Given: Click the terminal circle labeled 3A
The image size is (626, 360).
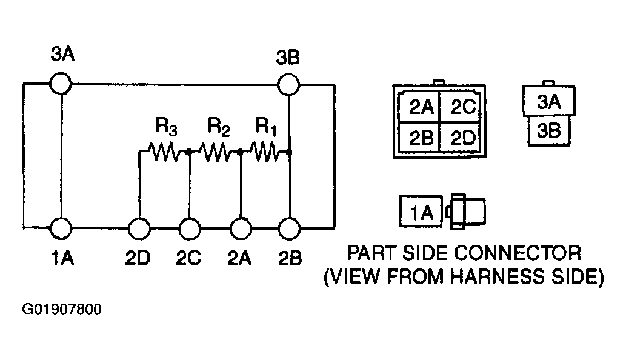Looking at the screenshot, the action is pyautogui.click(x=61, y=84).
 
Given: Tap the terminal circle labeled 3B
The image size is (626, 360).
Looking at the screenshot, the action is pyautogui.click(x=288, y=85).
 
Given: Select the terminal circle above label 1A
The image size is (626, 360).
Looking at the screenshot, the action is pyautogui.click(x=61, y=228).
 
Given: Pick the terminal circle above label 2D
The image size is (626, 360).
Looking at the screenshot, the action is pyautogui.click(x=139, y=228).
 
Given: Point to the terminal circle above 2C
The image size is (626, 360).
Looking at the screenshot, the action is pyautogui.click(x=189, y=228).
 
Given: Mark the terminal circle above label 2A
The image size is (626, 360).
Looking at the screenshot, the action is pyautogui.click(x=241, y=228).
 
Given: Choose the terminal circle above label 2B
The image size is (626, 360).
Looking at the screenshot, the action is pyautogui.click(x=289, y=228).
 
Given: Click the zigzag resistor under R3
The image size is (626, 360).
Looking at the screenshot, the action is pyautogui.click(x=164, y=152).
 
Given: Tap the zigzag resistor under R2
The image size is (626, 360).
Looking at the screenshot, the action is pyautogui.click(x=215, y=152).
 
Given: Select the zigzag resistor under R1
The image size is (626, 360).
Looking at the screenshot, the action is pyautogui.click(x=264, y=152).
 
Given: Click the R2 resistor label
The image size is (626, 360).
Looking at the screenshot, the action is pyautogui.click(x=219, y=127).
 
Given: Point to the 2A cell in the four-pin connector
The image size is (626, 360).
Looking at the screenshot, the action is pyautogui.click(x=419, y=107).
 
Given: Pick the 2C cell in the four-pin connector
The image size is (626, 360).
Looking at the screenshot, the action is pyautogui.click(x=460, y=107).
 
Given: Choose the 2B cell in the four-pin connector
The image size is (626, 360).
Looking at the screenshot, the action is pyautogui.click(x=419, y=138).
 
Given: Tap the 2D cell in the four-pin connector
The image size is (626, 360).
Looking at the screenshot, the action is pyautogui.click(x=460, y=138).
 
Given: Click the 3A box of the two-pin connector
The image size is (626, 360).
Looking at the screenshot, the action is pyautogui.click(x=549, y=101).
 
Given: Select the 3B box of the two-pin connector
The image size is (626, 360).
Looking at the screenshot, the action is pyautogui.click(x=549, y=131).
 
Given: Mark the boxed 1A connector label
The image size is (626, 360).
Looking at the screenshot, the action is pyautogui.click(x=421, y=212).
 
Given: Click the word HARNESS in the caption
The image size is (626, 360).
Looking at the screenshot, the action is pyautogui.click(x=498, y=276).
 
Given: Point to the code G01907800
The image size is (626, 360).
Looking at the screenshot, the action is pyautogui.click(x=62, y=309).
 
